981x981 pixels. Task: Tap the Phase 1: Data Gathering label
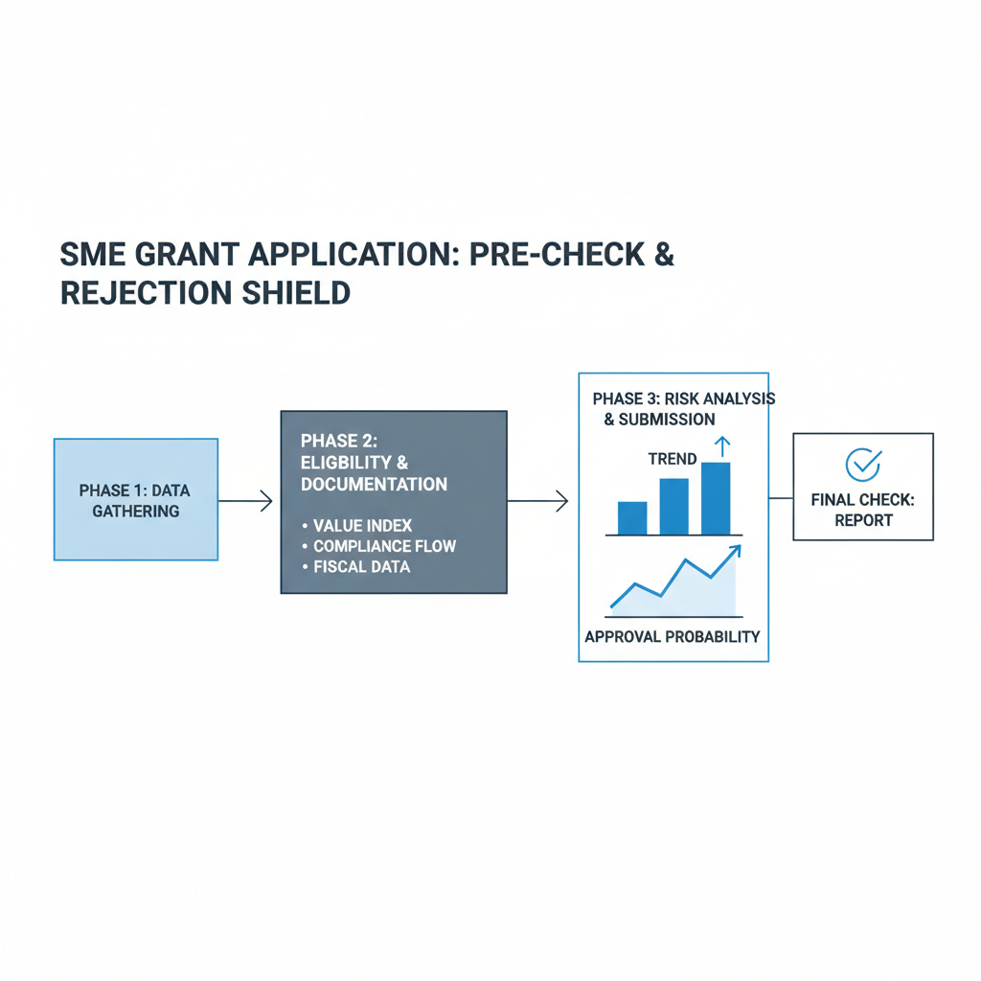[135, 500]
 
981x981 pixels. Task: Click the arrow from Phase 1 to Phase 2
[247, 500]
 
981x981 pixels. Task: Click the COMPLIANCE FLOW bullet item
[384, 546]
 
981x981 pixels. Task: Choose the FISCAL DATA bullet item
[361, 566]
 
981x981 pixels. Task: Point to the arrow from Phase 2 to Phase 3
[538, 500]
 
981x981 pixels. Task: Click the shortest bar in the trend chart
[632, 517]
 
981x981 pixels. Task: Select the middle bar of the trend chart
[673, 506]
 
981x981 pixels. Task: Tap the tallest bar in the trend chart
[716, 498]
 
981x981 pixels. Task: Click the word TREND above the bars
[673, 459]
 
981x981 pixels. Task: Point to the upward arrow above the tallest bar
[722, 445]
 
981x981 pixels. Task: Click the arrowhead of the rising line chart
[735, 550]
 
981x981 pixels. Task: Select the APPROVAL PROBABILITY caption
[672, 636]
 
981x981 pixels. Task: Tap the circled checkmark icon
[863, 464]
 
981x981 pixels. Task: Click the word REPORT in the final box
[863, 520]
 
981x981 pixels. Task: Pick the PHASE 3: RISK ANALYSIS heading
[683, 398]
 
